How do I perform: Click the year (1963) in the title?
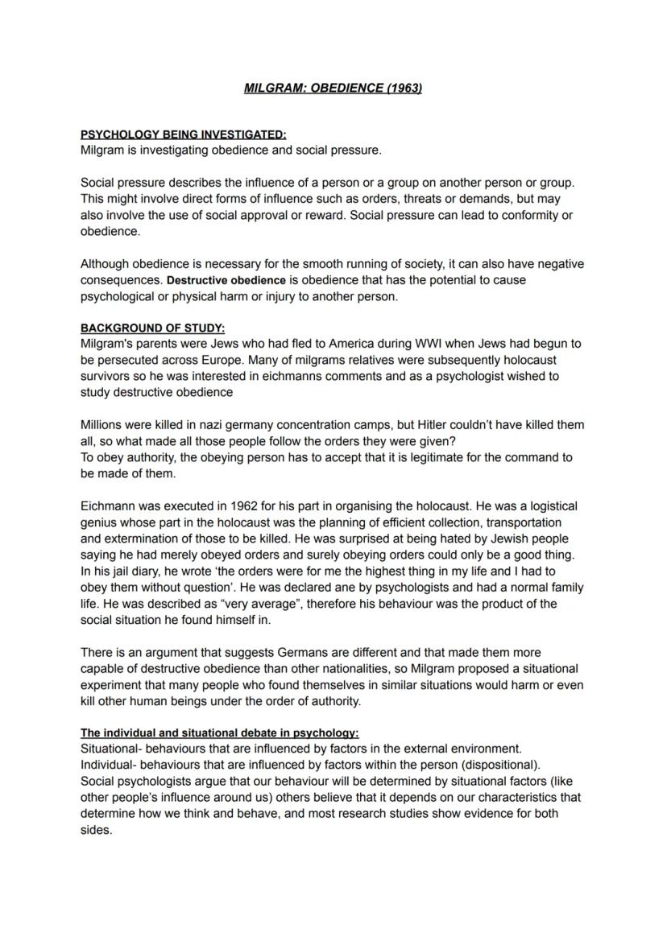click(404, 89)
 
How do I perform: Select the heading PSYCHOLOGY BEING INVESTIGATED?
click(183, 134)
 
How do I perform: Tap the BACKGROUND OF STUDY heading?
click(152, 328)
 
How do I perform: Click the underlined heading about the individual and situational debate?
click(219, 733)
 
